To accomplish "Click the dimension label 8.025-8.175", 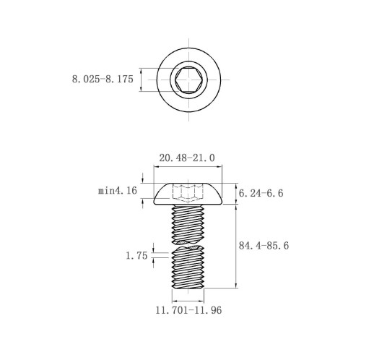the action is pyautogui.click(x=103, y=79).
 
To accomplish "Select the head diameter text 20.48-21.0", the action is pyautogui.click(x=187, y=158).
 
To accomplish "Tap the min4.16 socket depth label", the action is pyautogui.click(x=118, y=191).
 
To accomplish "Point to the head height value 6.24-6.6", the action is pyautogui.click(x=261, y=193).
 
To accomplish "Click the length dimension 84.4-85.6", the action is pyautogui.click(x=264, y=246).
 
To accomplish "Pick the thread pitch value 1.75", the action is pyautogui.click(x=136, y=256).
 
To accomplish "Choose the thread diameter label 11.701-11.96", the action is pyautogui.click(x=188, y=310).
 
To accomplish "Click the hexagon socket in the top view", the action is pyautogui.click(x=188, y=80).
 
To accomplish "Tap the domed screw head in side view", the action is pyautogui.click(x=188, y=194).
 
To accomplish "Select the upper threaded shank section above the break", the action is pyautogui.click(x=188, y=224).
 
